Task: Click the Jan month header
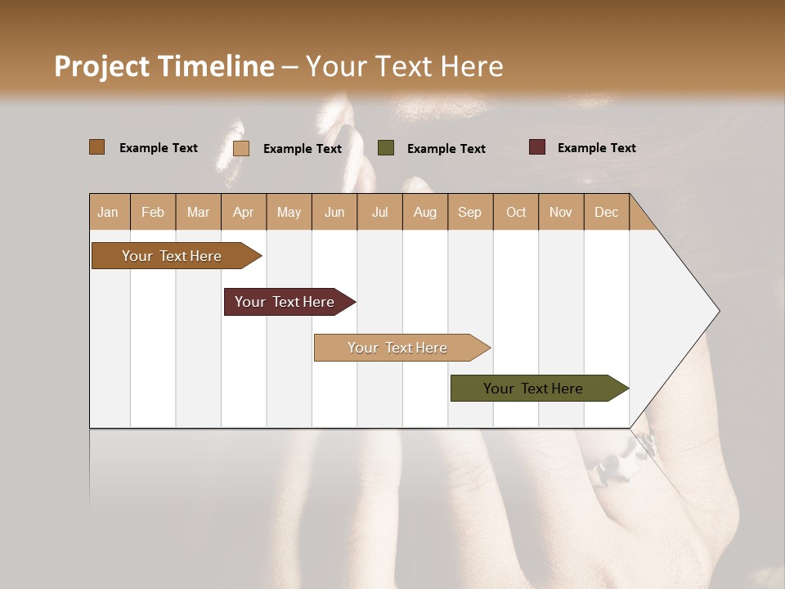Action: pyautogui.click(x=108, y=212)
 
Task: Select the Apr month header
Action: pyautogui.click(x=243, y=212)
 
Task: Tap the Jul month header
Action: pyautogui.click(x=379, y=212)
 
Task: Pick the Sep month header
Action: pyautogui.click(x=469, y=212)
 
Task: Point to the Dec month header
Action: pyautogui.click(x=606, y=212)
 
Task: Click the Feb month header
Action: pyautogui.click(x=153, y=212)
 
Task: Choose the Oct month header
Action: pyautogui.click(x=516, y=212)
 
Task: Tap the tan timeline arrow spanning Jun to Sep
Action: pyautogui.click(x=399, y=348)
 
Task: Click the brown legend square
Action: pyautogui.click(x=96, y=147)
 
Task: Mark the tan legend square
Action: pyautogui.click(x=241, y=148)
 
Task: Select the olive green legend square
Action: pyautogui.click(x=386, y=148)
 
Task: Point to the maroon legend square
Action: pyautogui.click(x=537, y=147)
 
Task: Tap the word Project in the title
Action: pyautogui.click(x=102, y=66)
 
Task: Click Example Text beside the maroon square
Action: pyautogui.click(x=596, y=148)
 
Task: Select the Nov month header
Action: pyautogui.click(x=561, y=212)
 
